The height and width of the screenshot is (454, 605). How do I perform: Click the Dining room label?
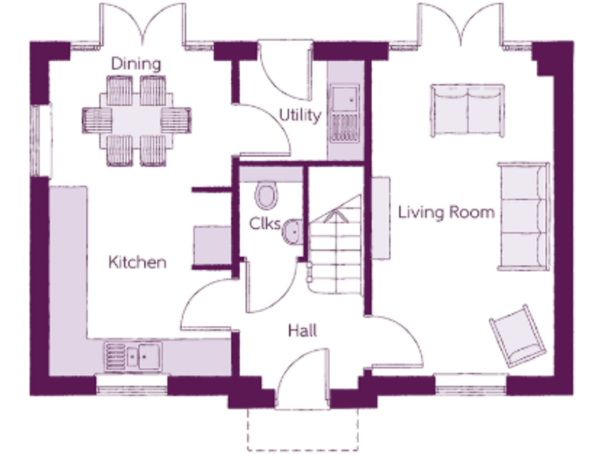point(135,63)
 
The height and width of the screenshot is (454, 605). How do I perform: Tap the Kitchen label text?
point(137,262)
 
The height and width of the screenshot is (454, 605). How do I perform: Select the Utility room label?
point(299,115)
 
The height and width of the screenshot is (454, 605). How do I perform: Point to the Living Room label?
point(446,212)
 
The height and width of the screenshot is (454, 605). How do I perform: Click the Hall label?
point(302,331)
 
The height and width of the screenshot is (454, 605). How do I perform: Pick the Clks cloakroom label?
point(264,223)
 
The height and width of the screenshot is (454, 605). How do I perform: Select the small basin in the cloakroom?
point(291,231)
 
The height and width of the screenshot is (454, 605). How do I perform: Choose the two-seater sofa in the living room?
point(466,101)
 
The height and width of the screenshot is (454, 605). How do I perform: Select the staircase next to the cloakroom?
point(334,244)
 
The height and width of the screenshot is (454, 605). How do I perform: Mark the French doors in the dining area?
point(142,24)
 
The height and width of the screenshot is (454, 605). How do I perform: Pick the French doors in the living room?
point(459,24)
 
